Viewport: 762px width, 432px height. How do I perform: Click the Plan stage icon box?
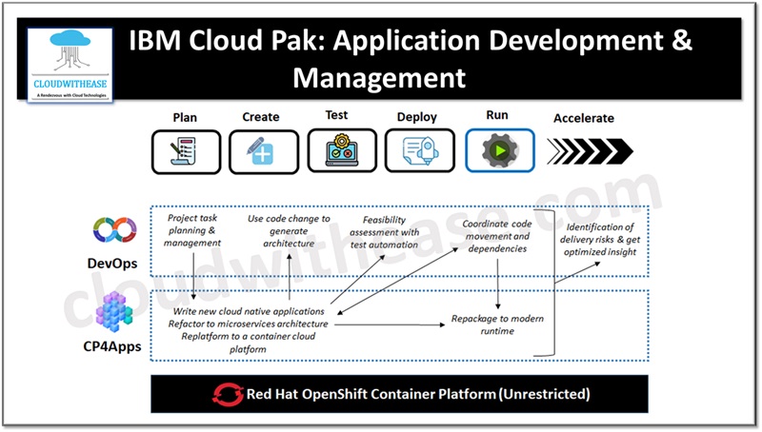pyautogui.click(x=186, y=150)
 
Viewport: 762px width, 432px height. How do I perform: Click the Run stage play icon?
pyautogui.click(x=499, y=150)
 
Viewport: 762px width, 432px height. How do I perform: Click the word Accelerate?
pyautogui.click(x=584, y=119)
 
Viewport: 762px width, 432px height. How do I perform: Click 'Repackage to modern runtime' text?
pyautogui.click(x=496, y=324)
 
